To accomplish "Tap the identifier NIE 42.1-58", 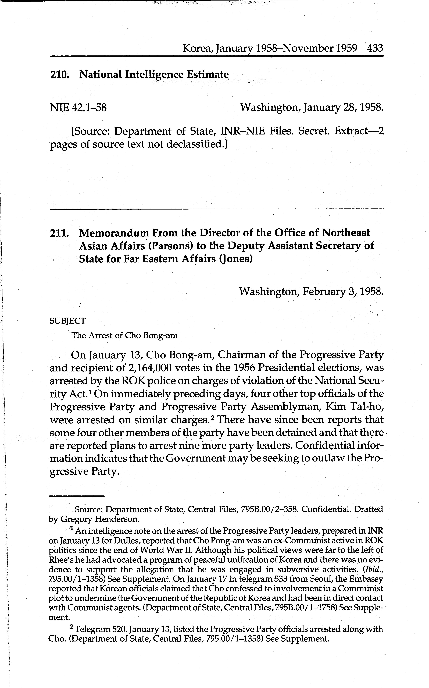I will point(78,108).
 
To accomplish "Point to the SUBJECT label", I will point(67,321).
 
